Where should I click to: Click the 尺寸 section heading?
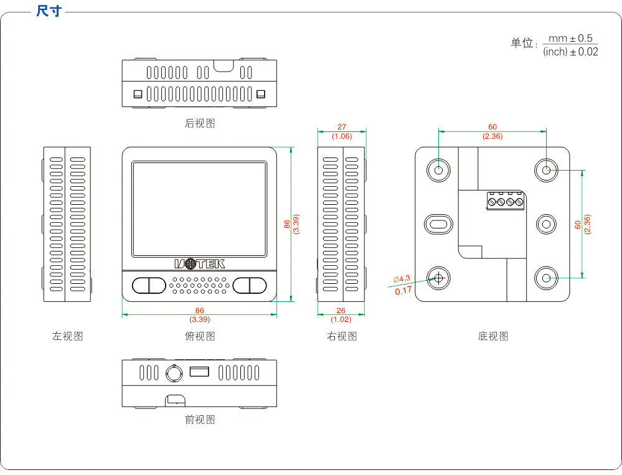coord(49,11)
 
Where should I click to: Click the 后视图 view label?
coord(200,123)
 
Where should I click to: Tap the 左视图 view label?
coord(67,336)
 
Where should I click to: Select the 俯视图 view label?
coord(200,336)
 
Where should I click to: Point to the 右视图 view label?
coord(342,336)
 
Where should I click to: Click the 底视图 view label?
coord(493,336)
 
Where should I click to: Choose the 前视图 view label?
coord(200,420)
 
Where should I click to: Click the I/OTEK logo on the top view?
coord(199,264)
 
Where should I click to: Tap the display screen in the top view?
coord(199,209)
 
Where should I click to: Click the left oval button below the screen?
coord(148,285)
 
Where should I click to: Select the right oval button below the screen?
coord(250,285)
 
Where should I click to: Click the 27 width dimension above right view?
coord(342,127)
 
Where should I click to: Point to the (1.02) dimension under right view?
coord(341,319)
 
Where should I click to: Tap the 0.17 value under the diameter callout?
coord(403,290)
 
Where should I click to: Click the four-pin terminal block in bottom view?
coord(505,202)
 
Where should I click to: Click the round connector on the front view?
coord(174,373)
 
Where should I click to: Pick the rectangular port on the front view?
coord(199,372)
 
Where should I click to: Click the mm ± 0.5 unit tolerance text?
coord(570,39)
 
